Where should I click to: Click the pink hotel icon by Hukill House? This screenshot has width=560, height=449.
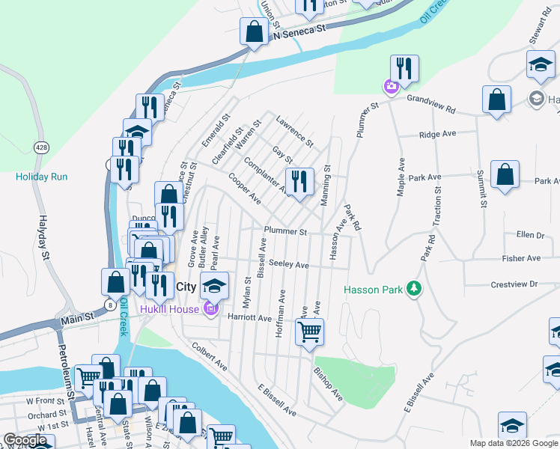210,308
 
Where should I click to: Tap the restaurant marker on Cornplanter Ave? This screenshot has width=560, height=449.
299,182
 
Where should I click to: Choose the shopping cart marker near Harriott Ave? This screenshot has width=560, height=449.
309,331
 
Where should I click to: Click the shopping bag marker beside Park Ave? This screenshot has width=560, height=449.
505,175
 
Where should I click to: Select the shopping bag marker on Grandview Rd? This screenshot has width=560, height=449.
496,100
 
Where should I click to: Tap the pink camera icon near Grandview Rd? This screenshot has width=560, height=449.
391,87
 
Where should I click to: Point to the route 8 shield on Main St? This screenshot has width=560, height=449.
111,305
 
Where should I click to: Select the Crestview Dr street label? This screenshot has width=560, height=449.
514,284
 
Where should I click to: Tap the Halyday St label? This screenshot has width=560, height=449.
45,239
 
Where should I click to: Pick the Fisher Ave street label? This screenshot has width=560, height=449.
522,258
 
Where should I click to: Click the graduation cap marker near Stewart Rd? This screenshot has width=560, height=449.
541,64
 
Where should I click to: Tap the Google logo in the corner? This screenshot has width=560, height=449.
25,440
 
